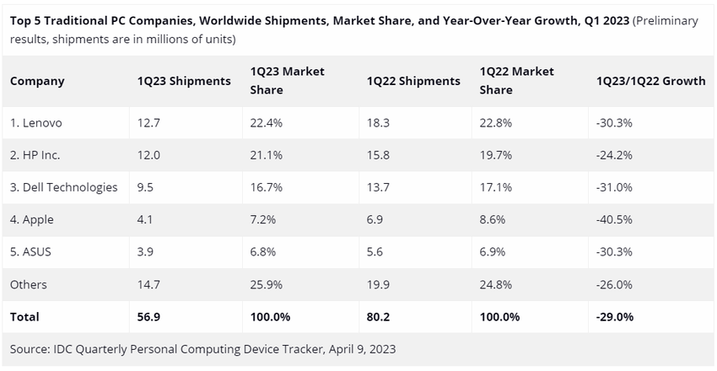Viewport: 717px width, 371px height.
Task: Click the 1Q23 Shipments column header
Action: point(184,81)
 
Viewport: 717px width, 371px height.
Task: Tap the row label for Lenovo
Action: point(36,122)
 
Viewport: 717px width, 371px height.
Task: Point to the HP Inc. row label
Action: point(35,154)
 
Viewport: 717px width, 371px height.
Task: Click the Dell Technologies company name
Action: point(64,187)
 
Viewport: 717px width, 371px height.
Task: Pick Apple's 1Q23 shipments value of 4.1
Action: point(144,219)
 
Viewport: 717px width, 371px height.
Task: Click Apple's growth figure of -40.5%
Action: point(615,219)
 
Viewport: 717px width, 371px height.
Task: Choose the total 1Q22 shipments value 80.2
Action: point(378,317)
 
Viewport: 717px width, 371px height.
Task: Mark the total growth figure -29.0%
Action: point(616,317)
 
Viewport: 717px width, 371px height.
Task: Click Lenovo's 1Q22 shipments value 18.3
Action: point(377,122)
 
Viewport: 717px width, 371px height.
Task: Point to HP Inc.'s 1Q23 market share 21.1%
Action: point(267,154)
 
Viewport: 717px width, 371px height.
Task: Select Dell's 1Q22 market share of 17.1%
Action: point(496,187)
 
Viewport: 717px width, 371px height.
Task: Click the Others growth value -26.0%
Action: point(615,285)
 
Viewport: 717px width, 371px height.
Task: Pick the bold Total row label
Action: point(24,317)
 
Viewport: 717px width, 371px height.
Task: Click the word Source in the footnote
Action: point(30,349)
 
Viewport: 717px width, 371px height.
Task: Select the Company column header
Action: point(37,81)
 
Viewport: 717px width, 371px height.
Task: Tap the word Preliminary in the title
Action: point(666,21)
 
